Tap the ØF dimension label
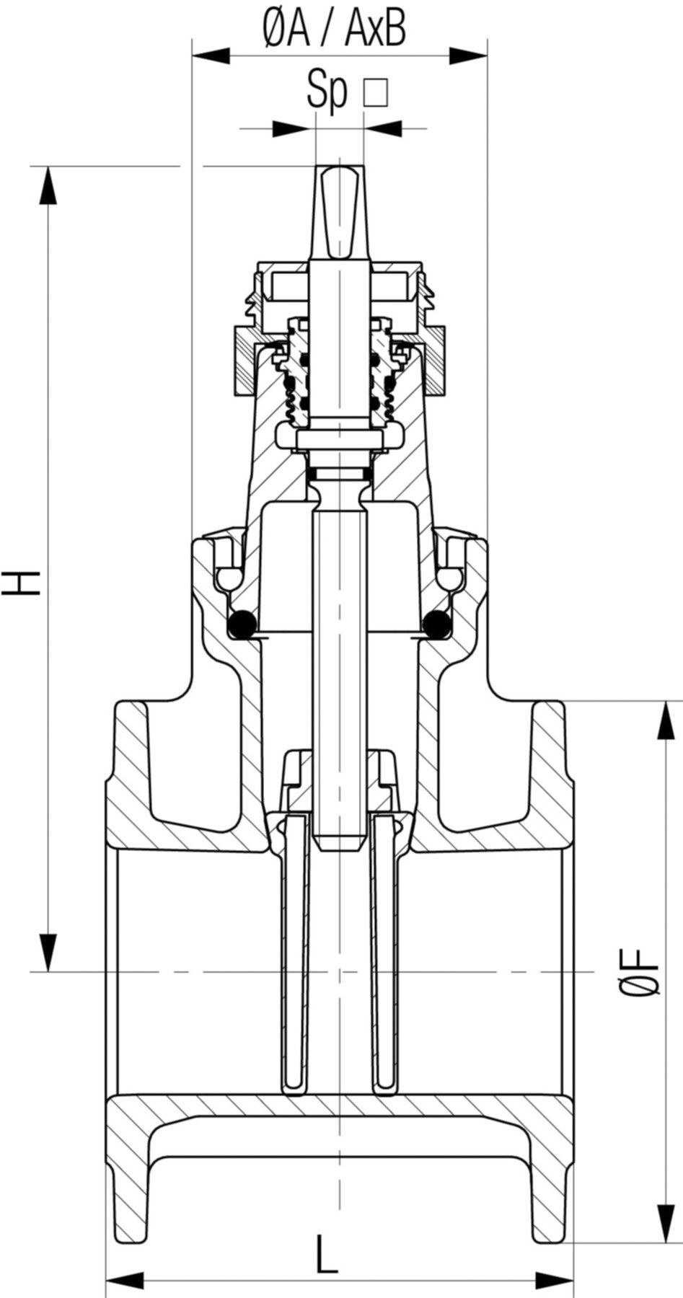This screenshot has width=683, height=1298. point(640,973)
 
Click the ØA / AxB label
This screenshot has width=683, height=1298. point(333,30)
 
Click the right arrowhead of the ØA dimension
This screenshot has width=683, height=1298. point(467,55)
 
